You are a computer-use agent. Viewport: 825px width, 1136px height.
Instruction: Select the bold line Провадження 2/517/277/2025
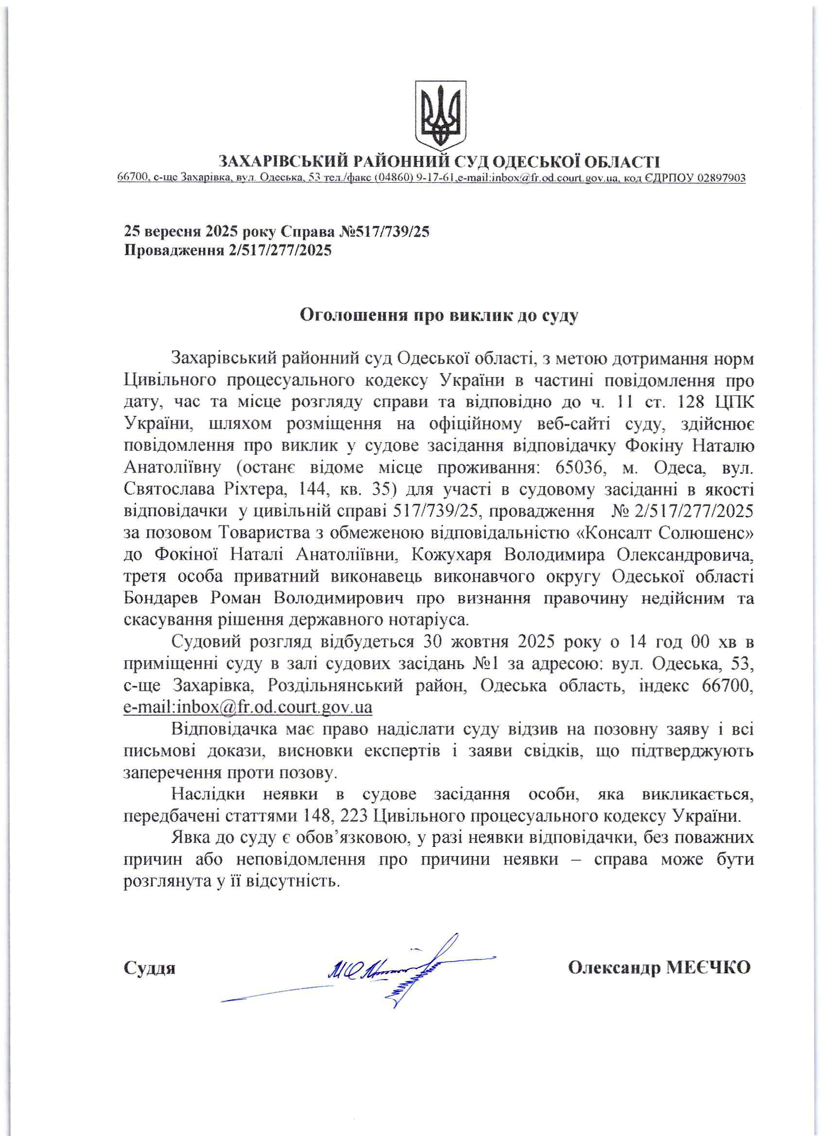click(228, 250)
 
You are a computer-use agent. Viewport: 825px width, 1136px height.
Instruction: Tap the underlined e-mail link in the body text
click(248, 708)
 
